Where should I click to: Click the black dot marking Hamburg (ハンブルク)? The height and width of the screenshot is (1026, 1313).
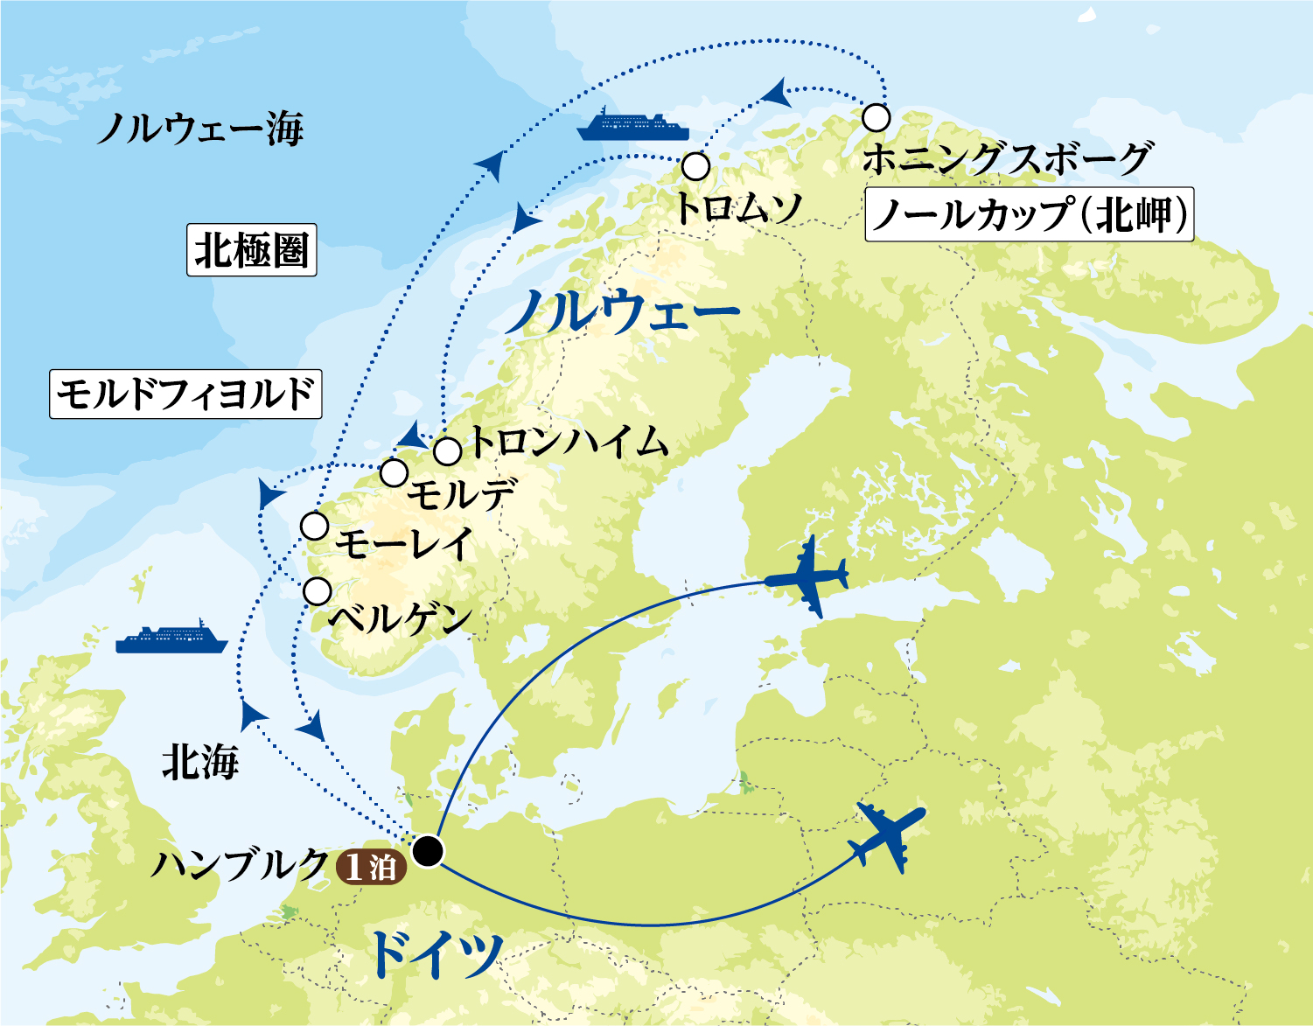[428, 850]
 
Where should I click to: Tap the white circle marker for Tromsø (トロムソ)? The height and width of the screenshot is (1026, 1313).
[695, 166]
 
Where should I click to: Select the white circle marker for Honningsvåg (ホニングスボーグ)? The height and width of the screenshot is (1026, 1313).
[876, 117]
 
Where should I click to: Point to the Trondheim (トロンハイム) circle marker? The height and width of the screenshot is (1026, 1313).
[447, 452]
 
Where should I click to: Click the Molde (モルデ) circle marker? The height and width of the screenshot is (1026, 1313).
[395, 473]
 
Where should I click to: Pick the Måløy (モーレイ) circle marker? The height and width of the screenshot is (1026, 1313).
[314, 527]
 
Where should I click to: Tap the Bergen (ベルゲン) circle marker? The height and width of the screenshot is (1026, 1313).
[318, 591]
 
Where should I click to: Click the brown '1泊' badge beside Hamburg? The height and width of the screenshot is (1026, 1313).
[371, 867]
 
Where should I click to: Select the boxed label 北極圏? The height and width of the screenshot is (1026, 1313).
[251, 250]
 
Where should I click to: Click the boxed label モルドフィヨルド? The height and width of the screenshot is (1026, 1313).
[185, 394]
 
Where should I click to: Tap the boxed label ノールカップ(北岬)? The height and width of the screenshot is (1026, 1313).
[1030, 214]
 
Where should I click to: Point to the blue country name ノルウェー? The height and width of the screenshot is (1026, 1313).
[622, 312]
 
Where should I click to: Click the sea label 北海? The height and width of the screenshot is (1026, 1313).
[200, 764]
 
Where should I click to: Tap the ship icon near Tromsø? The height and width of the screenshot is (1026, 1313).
[632, 125]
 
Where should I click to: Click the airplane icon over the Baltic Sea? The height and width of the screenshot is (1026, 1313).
[807, 576]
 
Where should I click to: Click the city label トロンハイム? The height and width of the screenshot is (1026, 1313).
[569, 443]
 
